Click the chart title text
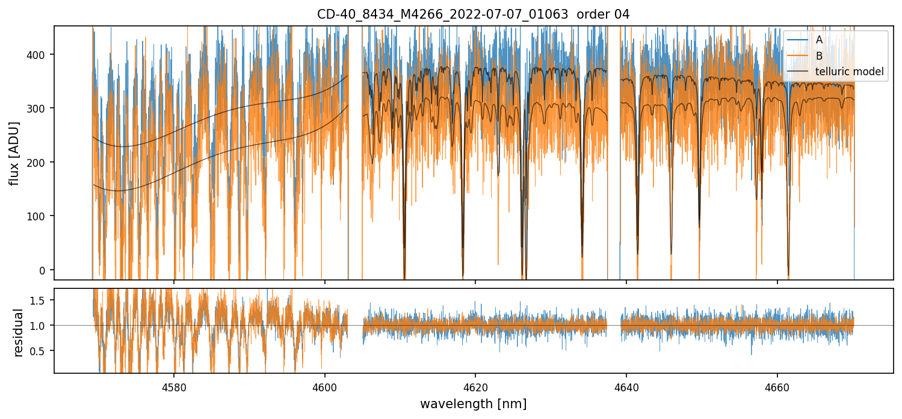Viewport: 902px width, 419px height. pyautogui.click(x=473, y=14)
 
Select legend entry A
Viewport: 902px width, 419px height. pyautogui.click(x=819, y=40)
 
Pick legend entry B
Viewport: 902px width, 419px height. pyautogui.click(x=819, y=56)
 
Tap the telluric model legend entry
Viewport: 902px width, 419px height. pyautogui.click(x=849, y=72)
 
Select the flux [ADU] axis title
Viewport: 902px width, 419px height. pyautogui.click(x=14, y=153)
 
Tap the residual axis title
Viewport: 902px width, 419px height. pyautogui.click(x=19, y=332)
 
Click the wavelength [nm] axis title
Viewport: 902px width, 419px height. pyautogui.click(x=473, y=404)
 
